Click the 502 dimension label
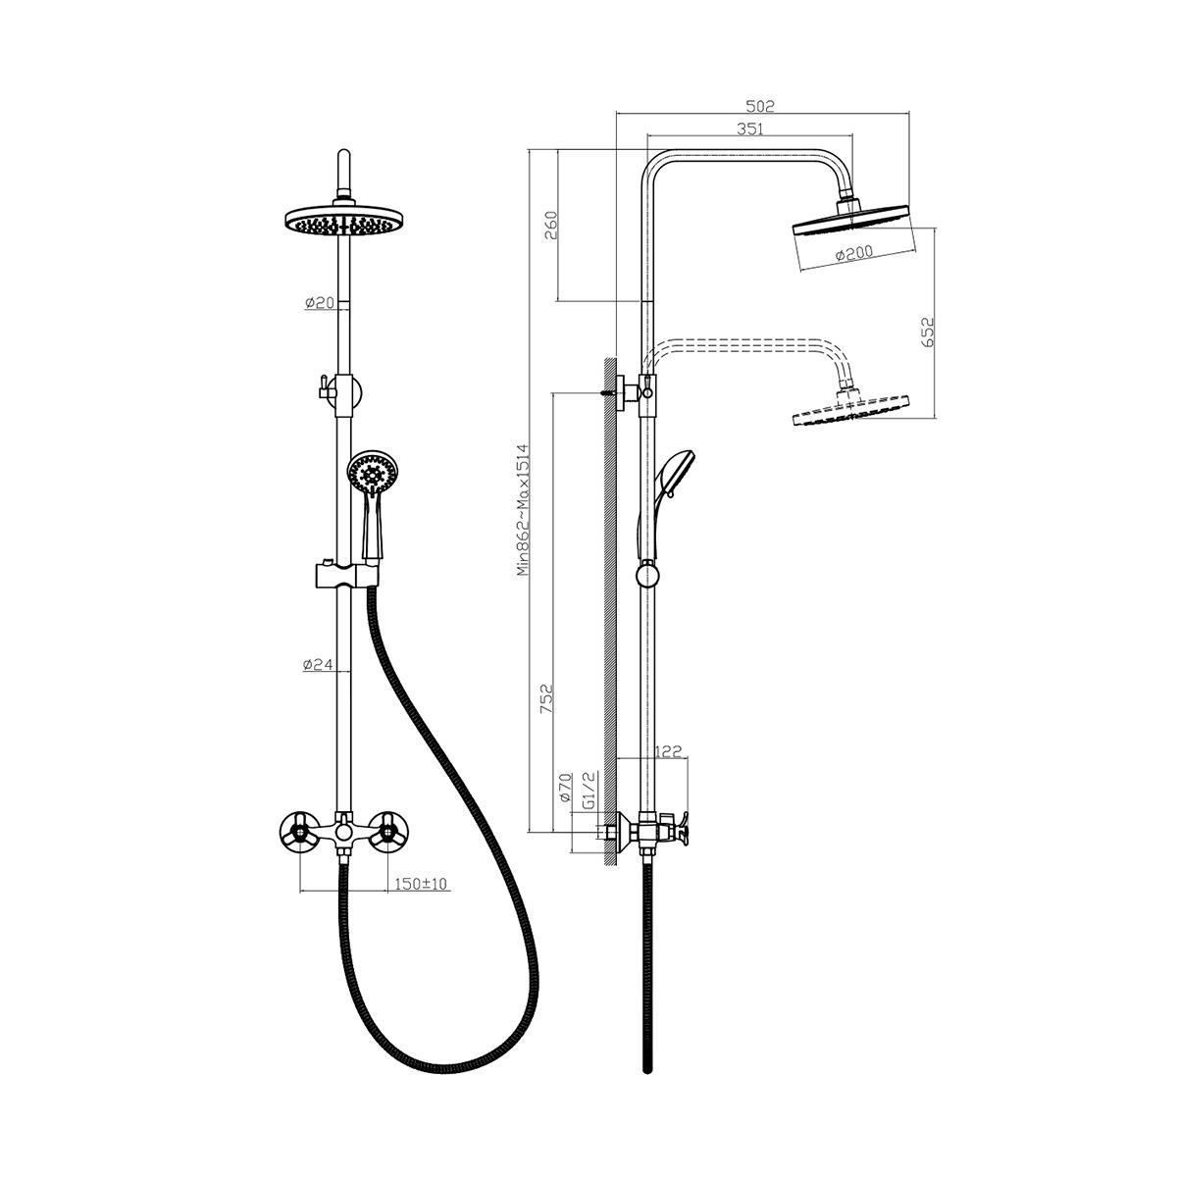760,106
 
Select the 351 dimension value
750,128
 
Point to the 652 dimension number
927,333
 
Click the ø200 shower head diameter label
854,252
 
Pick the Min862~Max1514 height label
524,510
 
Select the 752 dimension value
546,698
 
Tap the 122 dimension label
668,752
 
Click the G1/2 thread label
589,790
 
